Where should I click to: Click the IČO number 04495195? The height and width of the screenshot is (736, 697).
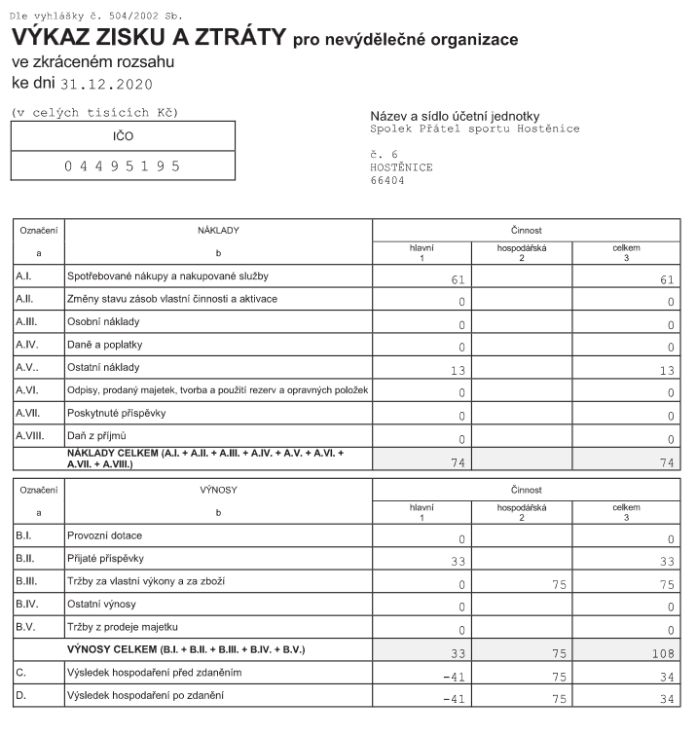coord(123,166)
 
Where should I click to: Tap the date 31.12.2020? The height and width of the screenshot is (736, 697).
coord(107,83)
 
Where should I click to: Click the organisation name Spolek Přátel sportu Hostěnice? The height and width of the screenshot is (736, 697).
coord(475,129)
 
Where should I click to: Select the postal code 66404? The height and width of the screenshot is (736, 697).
coord(387,180)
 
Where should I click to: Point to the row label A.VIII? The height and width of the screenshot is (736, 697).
coord(30,435)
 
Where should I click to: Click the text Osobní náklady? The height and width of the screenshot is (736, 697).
coord(103,320)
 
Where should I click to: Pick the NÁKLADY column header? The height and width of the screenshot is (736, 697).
coord(218,231)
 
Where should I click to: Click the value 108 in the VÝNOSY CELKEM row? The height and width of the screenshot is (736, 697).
coord(662,654)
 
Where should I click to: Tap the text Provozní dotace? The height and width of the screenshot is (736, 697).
coord(107,536)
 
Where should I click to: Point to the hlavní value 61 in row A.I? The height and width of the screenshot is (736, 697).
coord(458,281)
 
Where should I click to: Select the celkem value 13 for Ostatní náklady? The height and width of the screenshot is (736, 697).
coord(666,370)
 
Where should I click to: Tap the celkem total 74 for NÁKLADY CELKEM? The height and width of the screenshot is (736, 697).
coord(666,463)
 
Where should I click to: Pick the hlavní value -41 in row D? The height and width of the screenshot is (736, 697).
coord(454,699)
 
